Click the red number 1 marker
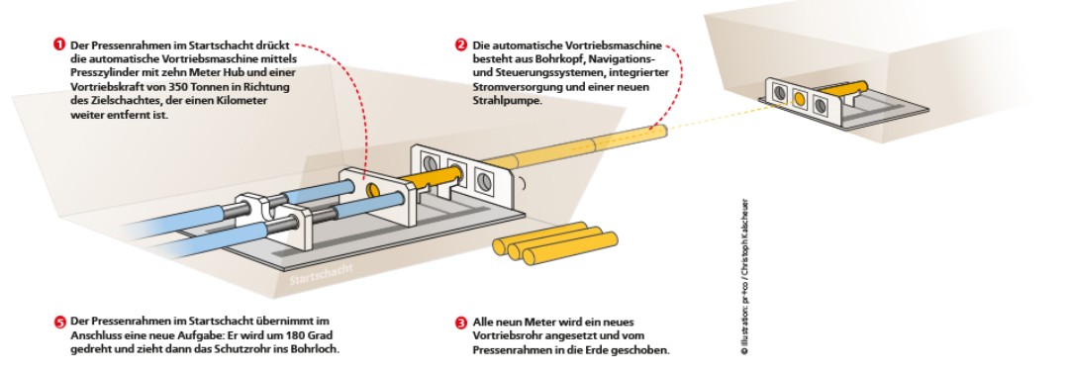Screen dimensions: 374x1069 pyautogui.click(x=58, y=45)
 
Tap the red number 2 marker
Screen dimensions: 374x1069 pyautogui.click(x=461, y=45)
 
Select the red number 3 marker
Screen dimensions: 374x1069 pyautogui.click(x=461, y=323)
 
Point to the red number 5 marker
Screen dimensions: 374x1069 pyautogui.click(x=58, y=323)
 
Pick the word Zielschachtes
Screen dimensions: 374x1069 pyautogui.click(x=107, y=100)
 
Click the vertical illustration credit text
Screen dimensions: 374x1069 pyautogui.click(x=744, y=277)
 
